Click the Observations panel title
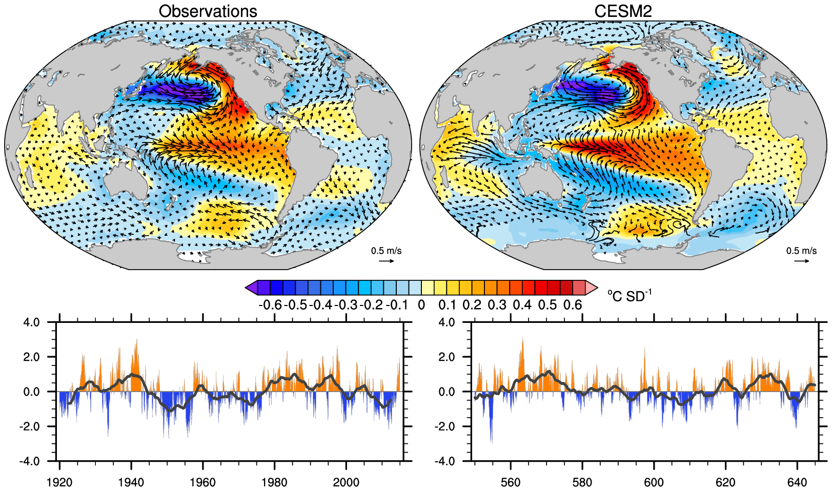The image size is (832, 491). [208, 11]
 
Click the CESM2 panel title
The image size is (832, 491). [623, 11]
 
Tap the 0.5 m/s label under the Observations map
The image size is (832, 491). [386, 251]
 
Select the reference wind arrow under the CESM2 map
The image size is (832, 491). [802, 261]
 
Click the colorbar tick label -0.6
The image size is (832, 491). [271, 305]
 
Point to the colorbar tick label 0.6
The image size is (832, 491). [573, 305]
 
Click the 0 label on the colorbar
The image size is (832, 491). [421, 305]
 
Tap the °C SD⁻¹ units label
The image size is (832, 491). [629, 296]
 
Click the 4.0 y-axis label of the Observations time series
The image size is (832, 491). [31, 323]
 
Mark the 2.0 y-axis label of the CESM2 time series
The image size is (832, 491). [447, 357]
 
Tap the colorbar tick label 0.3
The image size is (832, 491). [497, 305]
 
